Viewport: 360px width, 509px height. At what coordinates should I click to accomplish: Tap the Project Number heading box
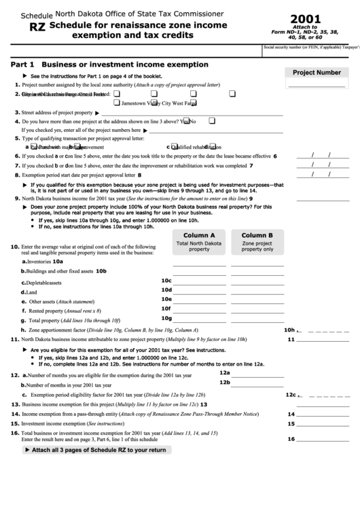click(317, 72)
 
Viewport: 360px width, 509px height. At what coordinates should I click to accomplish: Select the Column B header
click(257, 234)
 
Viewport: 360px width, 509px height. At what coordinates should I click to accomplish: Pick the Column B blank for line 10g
click(257, 319)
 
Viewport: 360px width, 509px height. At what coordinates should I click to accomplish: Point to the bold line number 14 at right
click(291, 414)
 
